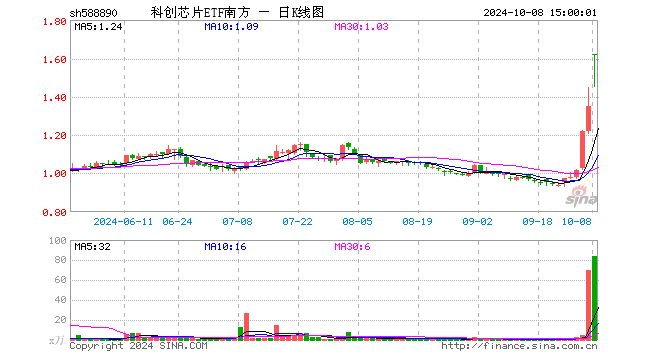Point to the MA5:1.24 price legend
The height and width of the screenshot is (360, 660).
point(98,27)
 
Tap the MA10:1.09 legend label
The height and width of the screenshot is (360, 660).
point(231,27)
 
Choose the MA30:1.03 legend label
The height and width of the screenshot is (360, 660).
point(361,27)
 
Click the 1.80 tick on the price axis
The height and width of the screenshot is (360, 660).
point(54,22)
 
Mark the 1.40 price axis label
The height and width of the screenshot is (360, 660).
point(54,98)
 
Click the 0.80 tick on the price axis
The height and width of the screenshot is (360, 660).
point(54,212)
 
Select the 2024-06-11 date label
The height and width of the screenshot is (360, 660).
point(123,221)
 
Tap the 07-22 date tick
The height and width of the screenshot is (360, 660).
point(298,221)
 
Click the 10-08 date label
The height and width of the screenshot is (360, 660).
point(577,221)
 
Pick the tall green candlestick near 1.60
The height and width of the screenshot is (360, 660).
point(595,70)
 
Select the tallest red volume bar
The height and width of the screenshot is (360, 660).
point(588,304)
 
